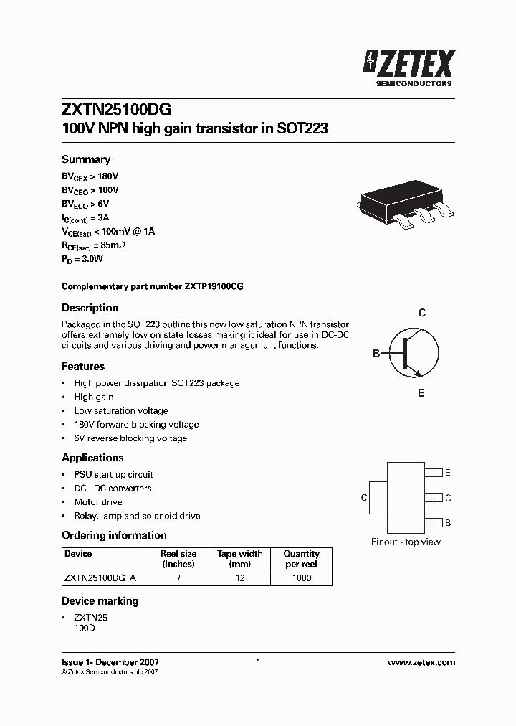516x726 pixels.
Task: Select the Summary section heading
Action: [x=86, y=159]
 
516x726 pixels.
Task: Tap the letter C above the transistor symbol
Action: [x=422, y=313]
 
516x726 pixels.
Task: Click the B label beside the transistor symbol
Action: [x=376, y=354]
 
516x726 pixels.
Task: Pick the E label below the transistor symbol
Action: [x=421, y=393]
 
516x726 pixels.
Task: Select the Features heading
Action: [x=83, y=367]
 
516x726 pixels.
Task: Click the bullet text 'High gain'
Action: [x=94, y=397]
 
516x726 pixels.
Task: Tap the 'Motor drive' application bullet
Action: [x=98, y=502]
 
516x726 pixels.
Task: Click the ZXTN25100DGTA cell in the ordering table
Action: [x=105, y=578]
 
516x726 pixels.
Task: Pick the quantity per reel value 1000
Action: [x=301, y=578]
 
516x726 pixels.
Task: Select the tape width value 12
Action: [x=240, y=578]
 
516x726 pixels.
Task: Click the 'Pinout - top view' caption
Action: [x=406, y=542]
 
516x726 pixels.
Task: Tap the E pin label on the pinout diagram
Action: [x=448, y=473]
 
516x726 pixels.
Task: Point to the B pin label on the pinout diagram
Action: [x=448, y=523]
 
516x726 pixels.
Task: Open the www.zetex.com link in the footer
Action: [x=421, y=663]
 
